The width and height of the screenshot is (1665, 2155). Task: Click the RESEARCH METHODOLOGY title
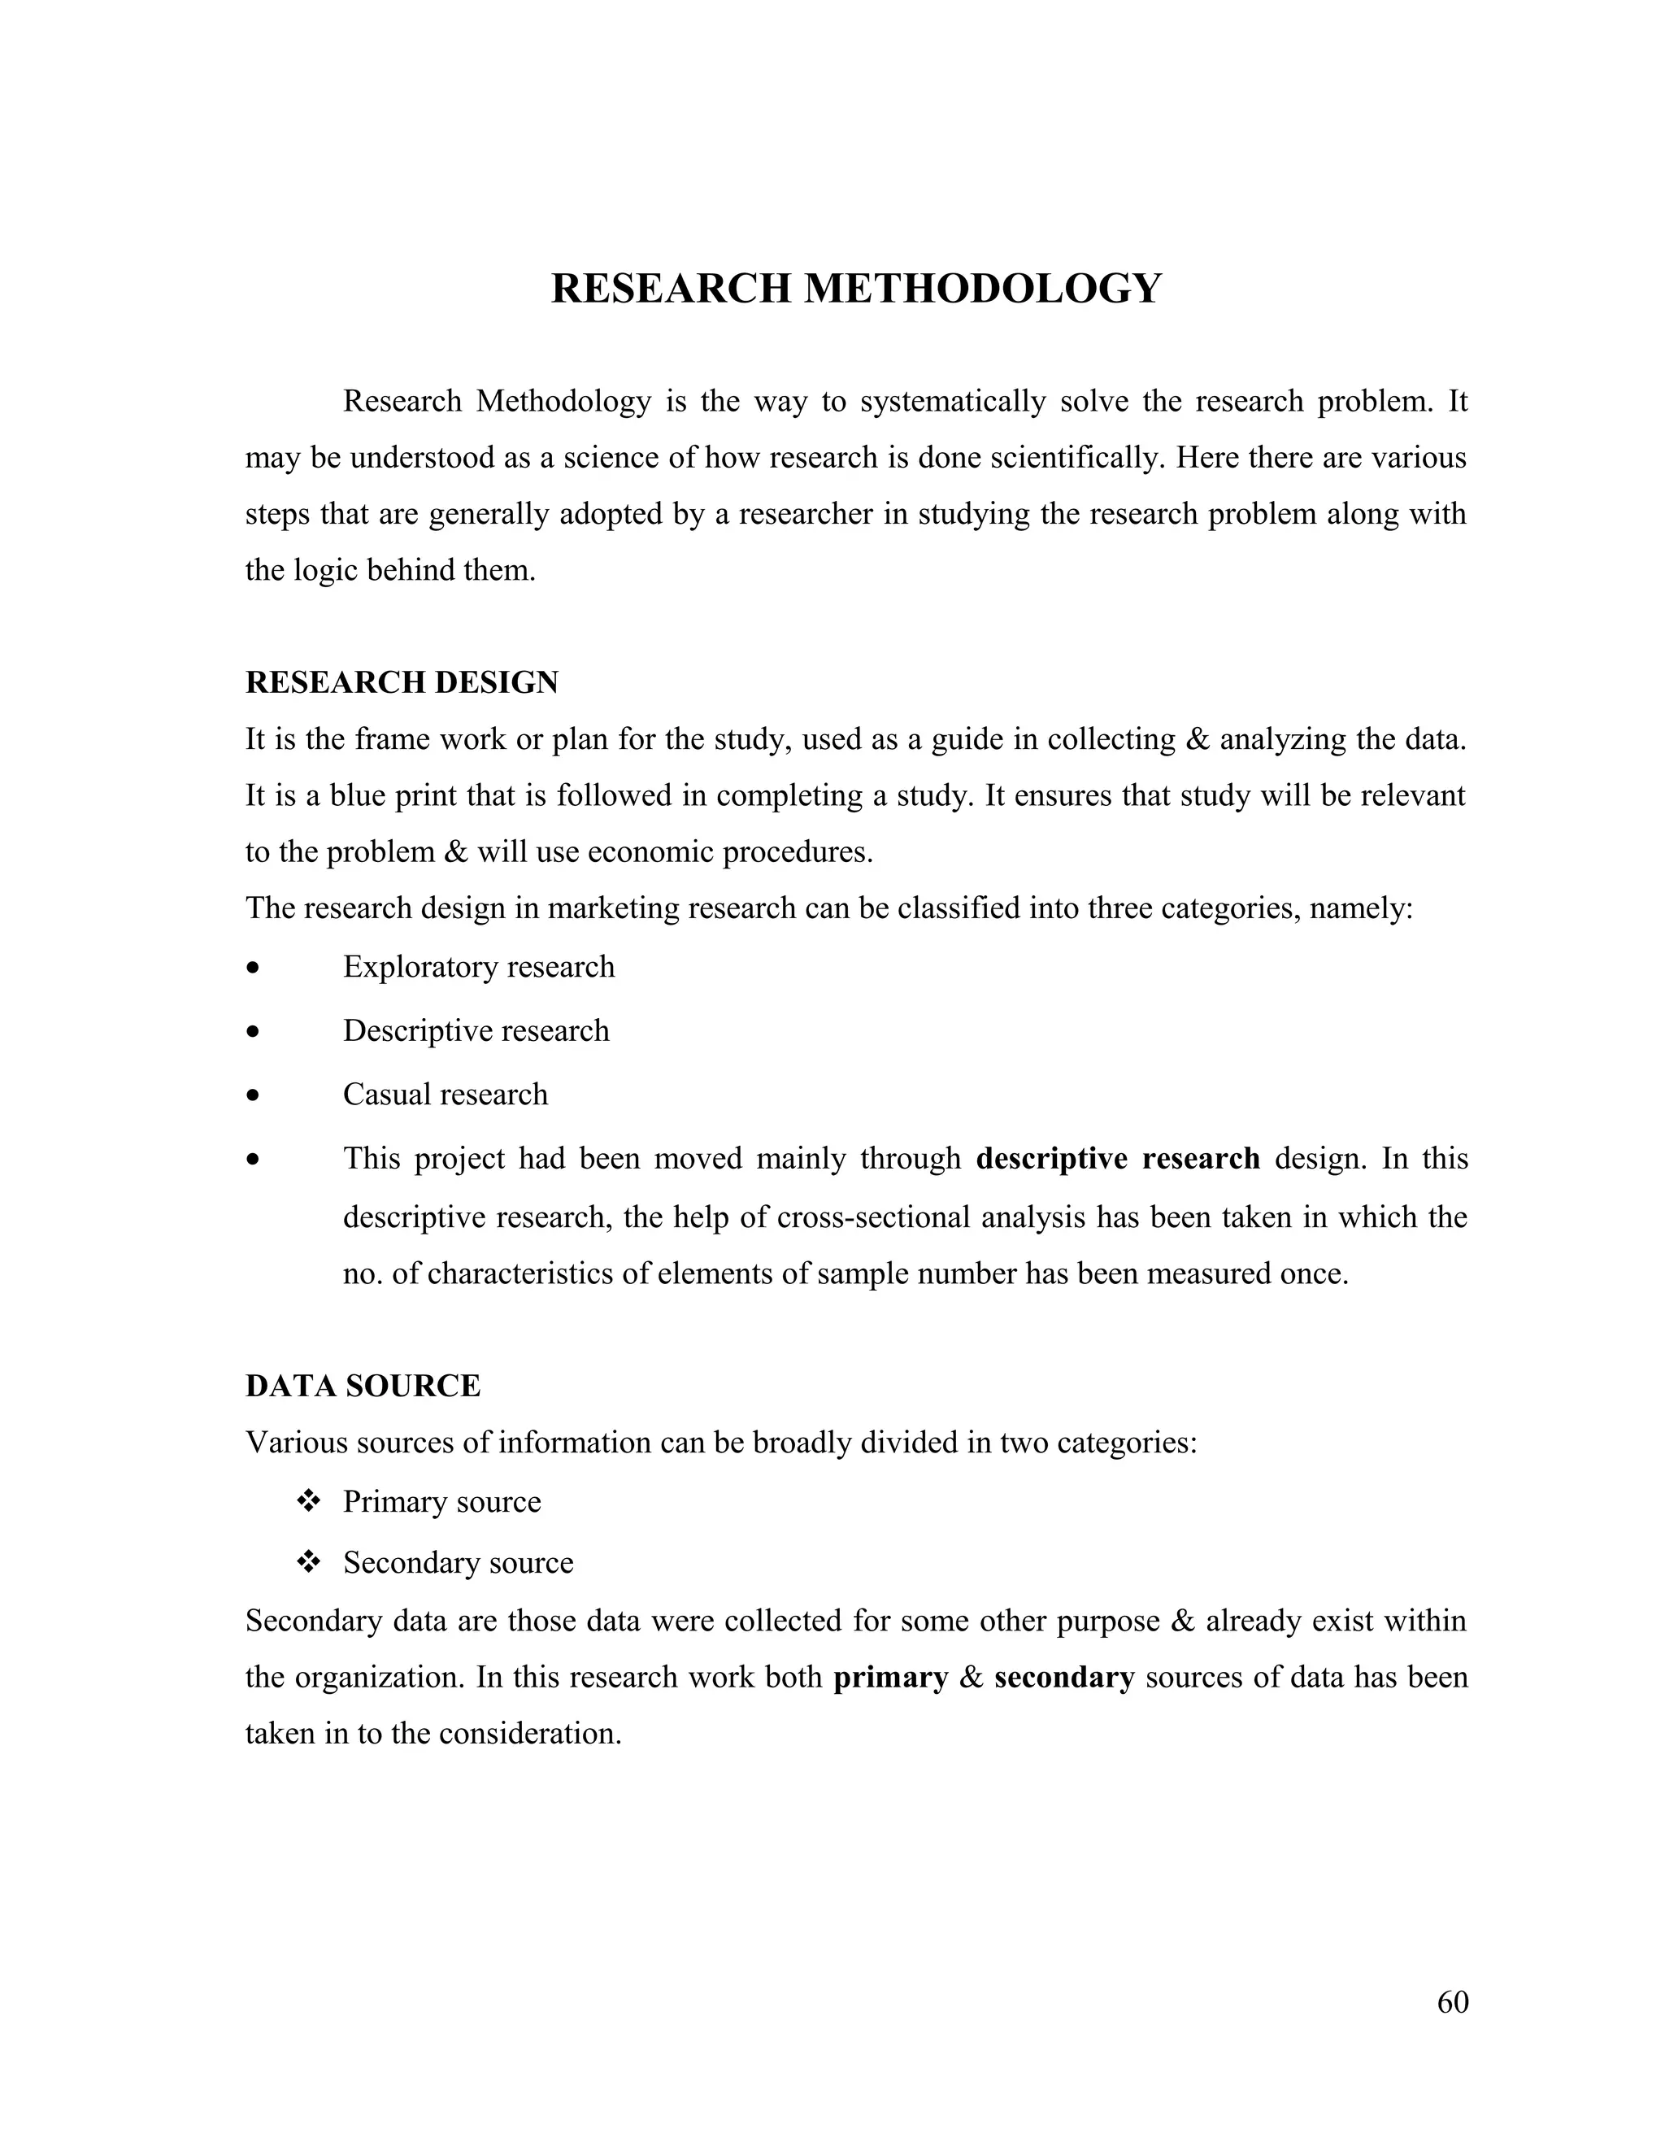pos(855,290)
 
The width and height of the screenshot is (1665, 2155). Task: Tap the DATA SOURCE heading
pos(363,1386)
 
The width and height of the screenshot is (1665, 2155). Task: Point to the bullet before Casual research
pos(254,1096)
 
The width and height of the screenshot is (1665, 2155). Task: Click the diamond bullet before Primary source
pos(309,1502)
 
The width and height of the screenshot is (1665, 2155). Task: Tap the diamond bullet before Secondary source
pos(309,1563)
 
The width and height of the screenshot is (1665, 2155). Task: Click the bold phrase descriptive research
pos(1118,1157)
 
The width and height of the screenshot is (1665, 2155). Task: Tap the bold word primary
pos(891,1678)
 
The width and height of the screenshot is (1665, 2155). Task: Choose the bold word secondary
pos(1064,1678)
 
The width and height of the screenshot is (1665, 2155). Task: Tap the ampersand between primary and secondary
pos(972,1678)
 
